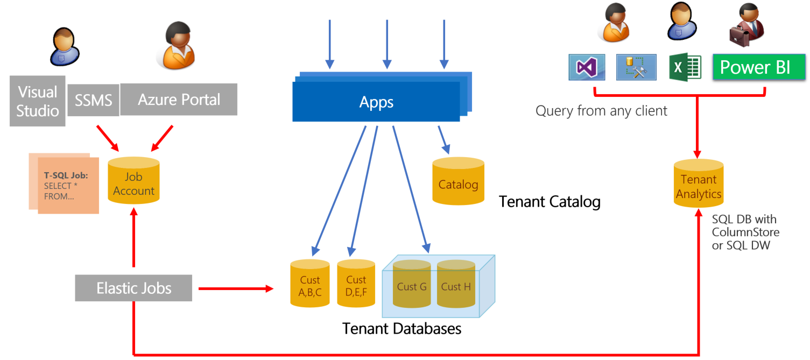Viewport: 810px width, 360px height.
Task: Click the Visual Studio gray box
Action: [38, 101]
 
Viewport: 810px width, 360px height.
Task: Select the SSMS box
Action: [93, 100]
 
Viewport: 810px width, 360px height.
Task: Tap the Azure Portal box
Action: [179, 100]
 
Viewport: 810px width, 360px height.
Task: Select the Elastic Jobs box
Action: [133, 288]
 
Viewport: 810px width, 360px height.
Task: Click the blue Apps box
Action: [377, 102]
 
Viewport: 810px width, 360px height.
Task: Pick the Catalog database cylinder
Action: [458, 181]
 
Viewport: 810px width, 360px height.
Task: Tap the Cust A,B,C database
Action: [309, 284]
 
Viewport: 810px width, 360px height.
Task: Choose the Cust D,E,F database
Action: [356, 284]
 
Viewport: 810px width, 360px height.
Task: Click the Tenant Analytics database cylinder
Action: [698, 184]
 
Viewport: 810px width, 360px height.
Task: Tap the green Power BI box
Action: [758, 67]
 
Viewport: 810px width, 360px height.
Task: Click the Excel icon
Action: [685, 67]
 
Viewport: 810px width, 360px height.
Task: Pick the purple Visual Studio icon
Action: [587, 67]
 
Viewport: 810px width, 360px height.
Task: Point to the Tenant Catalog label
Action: [550, 202]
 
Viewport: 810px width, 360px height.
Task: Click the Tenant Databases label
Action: [402, 328]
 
